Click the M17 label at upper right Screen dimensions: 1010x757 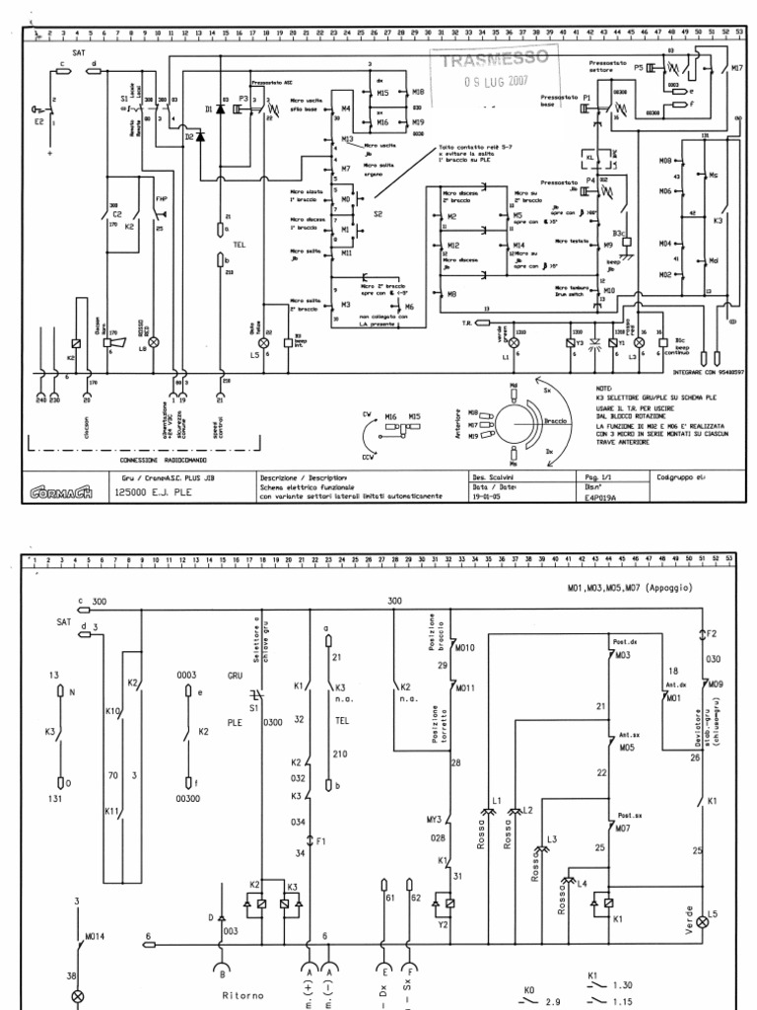click(x=736, y=69)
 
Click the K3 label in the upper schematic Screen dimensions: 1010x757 click(x=718, y=221)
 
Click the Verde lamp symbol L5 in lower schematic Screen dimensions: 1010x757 click(x=702, y=921)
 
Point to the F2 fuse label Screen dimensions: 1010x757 click(x=712, y=634)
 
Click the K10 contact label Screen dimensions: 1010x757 click(x=110, y=710)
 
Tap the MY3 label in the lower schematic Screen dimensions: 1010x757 click(x=433, y=819)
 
